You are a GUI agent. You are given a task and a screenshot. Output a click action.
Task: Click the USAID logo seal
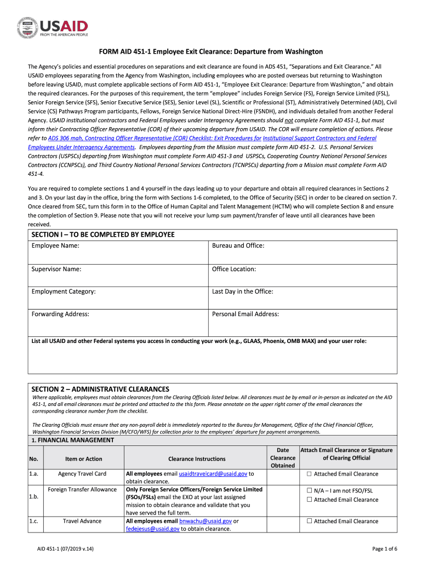click(27, 27)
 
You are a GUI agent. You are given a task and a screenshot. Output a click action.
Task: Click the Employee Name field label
click(55, 245)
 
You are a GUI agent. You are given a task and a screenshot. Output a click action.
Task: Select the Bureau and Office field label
click(238, 245)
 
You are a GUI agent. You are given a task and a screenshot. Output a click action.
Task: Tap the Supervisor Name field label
click(56, 269)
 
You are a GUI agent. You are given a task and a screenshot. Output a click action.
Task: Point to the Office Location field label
click(234, 269)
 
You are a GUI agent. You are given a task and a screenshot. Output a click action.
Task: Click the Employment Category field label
click(64, 291)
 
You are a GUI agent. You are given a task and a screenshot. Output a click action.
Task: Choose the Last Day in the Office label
click(242, 291)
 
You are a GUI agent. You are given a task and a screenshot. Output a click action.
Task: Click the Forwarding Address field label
click(60, 314)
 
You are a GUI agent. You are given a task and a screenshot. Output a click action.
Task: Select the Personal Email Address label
click(246, 314)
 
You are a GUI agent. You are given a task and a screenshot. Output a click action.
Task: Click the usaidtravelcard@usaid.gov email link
click(214, 474)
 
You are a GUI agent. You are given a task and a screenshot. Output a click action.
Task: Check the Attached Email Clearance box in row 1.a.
click(309, 474)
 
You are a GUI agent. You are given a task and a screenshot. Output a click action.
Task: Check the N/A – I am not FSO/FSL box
click(309, 491)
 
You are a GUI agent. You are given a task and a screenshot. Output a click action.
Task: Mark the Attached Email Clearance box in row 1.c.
click(309, 522)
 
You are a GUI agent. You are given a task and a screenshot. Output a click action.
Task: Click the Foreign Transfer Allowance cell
click(82, 489)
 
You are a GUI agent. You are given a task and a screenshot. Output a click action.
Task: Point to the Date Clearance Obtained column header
click(283, 458)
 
